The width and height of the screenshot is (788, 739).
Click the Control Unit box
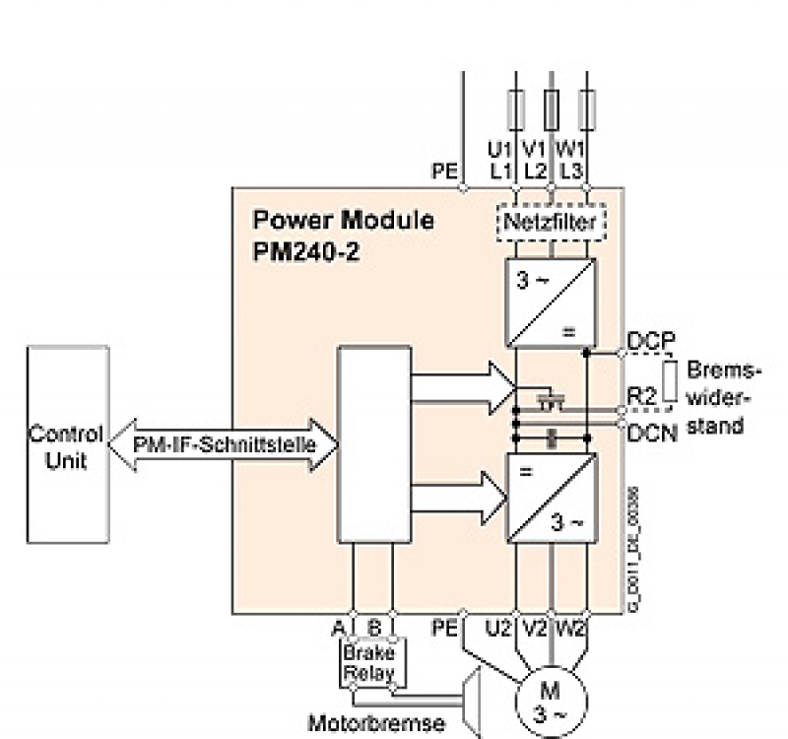coord(66,446)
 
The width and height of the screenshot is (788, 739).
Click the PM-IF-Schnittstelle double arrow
coord(225,444)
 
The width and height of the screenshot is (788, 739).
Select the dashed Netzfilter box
coord(549,224)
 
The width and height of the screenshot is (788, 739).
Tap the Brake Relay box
coord(368,663)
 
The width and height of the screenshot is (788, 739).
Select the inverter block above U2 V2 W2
coord(551,498)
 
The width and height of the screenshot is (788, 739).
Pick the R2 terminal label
coord(642,396)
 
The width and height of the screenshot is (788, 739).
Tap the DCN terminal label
coord(652,431)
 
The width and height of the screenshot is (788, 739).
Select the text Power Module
coord(343,219)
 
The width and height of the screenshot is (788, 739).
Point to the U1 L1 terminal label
coord(501,160)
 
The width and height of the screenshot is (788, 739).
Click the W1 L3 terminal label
coord(571,160)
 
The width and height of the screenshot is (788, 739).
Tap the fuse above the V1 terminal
coord(551,106)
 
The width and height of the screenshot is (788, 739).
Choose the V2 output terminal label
coord(536,627)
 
